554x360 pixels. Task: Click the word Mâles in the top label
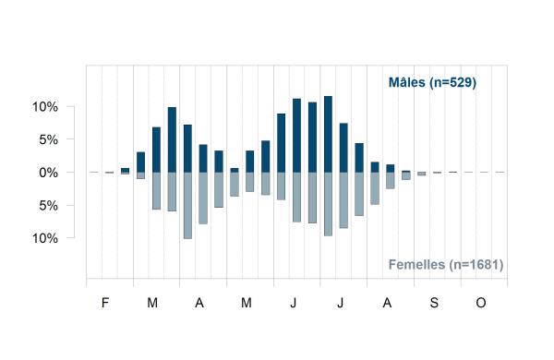[x=406, y=82]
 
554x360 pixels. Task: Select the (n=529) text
[x=453, y=83]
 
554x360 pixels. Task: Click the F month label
[x=105, y=303]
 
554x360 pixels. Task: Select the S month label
[x=434, y=303]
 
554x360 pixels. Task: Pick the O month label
[x=481, y=303]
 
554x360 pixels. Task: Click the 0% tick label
[x=49, y=173]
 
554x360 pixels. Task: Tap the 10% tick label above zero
[x=45, y=107]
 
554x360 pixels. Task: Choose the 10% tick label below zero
[x=45, y=238]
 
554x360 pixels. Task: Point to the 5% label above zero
[x=49, y=140]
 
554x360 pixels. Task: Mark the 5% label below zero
[x=49, y=206]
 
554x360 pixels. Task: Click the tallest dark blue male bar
[x=328, y=134]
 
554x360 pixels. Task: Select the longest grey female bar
[x=187, y=206]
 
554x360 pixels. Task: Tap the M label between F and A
[x=152, y=303]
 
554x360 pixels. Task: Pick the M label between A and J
[x=247, y=303]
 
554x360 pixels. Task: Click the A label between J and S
[x=387, y=303]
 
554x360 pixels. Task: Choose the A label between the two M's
[x=199, y=303]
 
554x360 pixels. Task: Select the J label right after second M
[x=294, y=303]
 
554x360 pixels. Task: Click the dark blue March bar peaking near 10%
[x=172, y=140]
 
